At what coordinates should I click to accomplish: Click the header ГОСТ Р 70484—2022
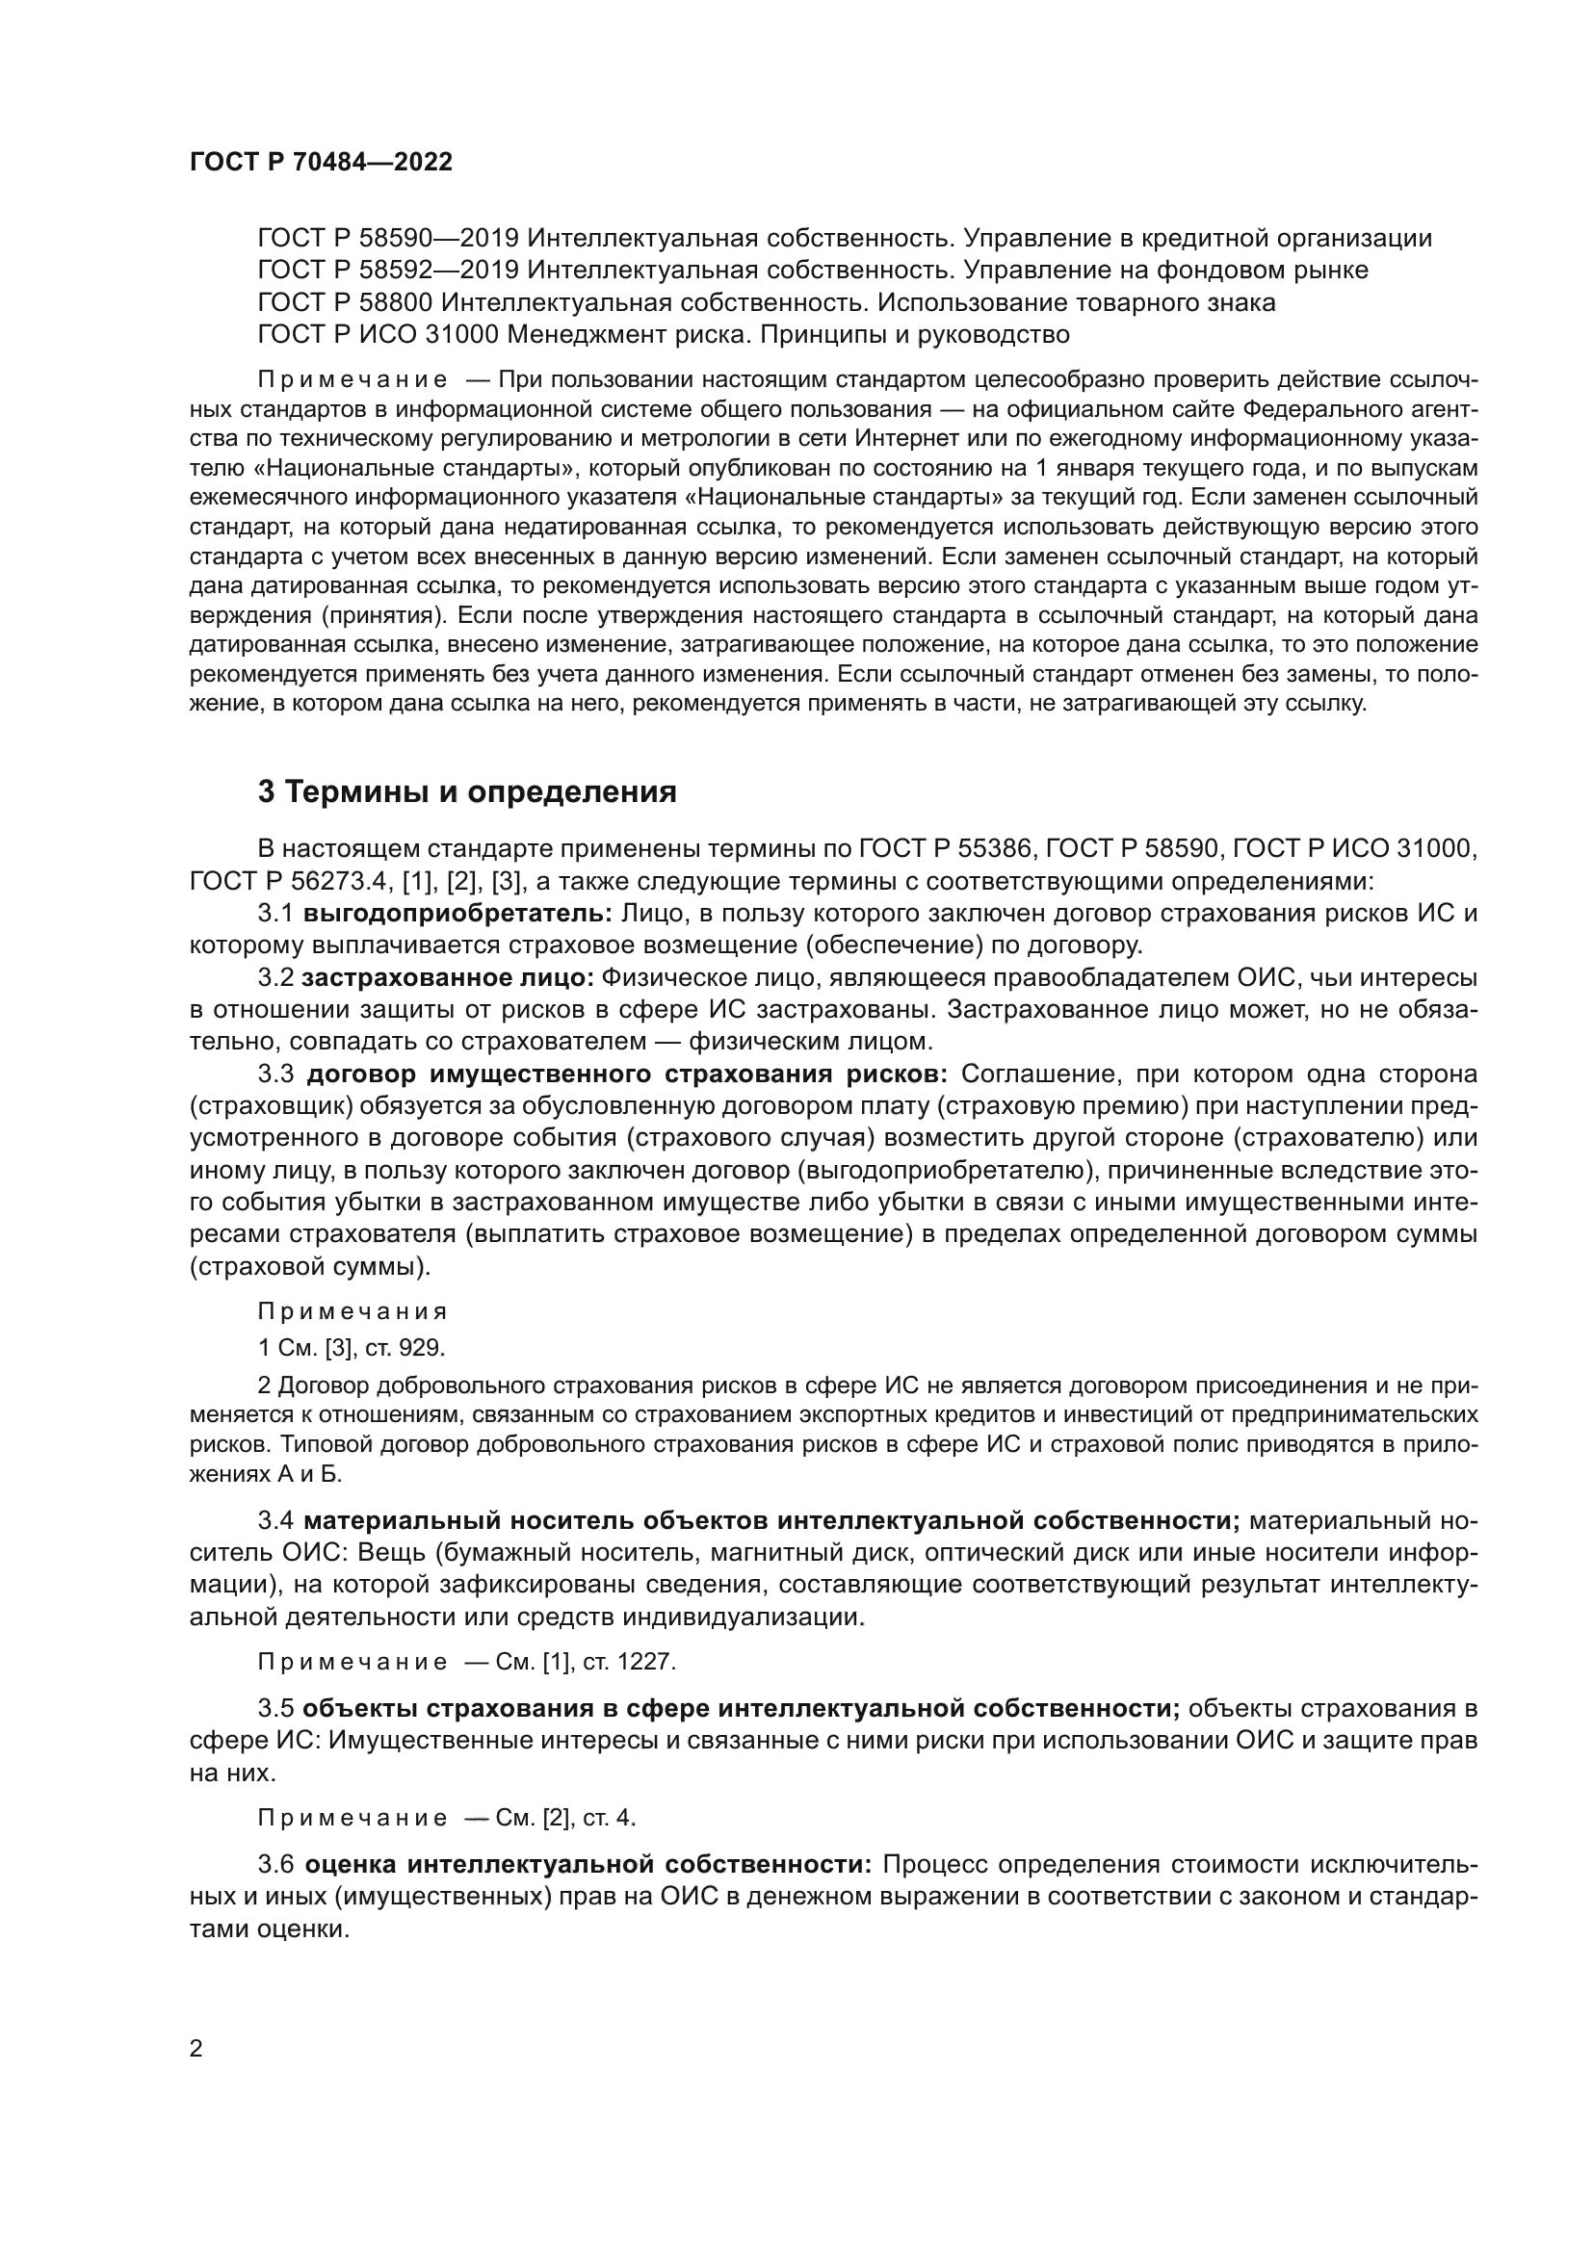point(321,163)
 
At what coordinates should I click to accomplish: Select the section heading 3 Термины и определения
point(467,791)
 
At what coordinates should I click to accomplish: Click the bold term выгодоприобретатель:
point(457,913)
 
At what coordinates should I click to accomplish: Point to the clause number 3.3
point(275,1074)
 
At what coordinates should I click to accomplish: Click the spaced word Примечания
point(353,1311)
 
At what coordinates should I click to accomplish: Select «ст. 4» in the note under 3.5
point(609,1818)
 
